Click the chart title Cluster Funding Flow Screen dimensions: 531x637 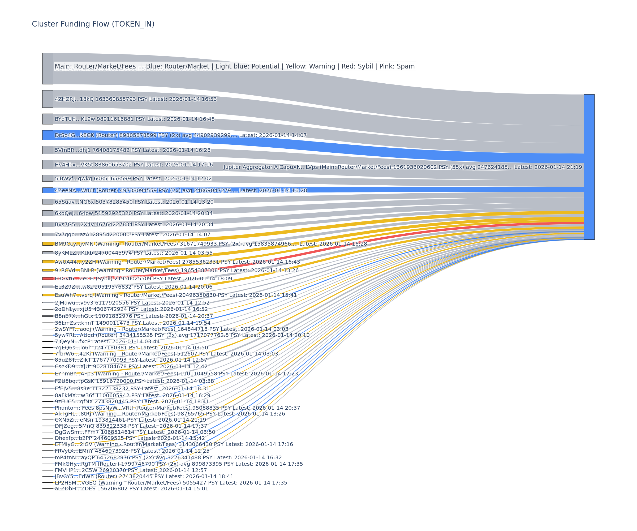pyautogui.click(x=93, y=24)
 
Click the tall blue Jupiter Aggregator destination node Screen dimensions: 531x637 pyautogui.click(x=589, y=167)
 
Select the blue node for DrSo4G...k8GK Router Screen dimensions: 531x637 pyautogui.click(x=48, y=135)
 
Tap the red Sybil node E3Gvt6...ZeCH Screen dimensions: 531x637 pyautogui.click(x=48, y=279)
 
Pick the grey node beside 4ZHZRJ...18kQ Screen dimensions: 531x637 pyautogui.click(x=48, y=99)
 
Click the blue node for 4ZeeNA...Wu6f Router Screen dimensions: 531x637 pyautogui.click(x=48, y=190)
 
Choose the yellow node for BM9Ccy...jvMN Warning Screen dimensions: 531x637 pyautogui.click(x=48, y=244)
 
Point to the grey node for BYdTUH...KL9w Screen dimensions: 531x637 pyautogui.click(x=48, y=119)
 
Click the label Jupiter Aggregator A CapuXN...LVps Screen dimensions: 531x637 pyautogui.click(x=403, y=167)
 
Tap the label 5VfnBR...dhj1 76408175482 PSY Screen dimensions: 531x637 pyautogui.click(x=132, y=150)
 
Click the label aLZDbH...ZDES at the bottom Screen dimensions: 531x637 pyautogui.click(x=131, y=489)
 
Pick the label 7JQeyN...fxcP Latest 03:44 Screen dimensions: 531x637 pyautogui.click(x=107, y=341)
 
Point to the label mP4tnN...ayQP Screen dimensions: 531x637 pyautogui.click(x=168, y=457)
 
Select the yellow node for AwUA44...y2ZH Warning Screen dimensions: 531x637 pyautogui.click(x=48, y=262)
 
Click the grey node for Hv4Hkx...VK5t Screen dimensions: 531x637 pyautogui.click(x=48, y=164)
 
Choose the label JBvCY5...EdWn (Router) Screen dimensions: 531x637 pyautogui.click(x=144, y=476)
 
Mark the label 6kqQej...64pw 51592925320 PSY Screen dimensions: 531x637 pyautogui.click(x=134, y=213)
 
